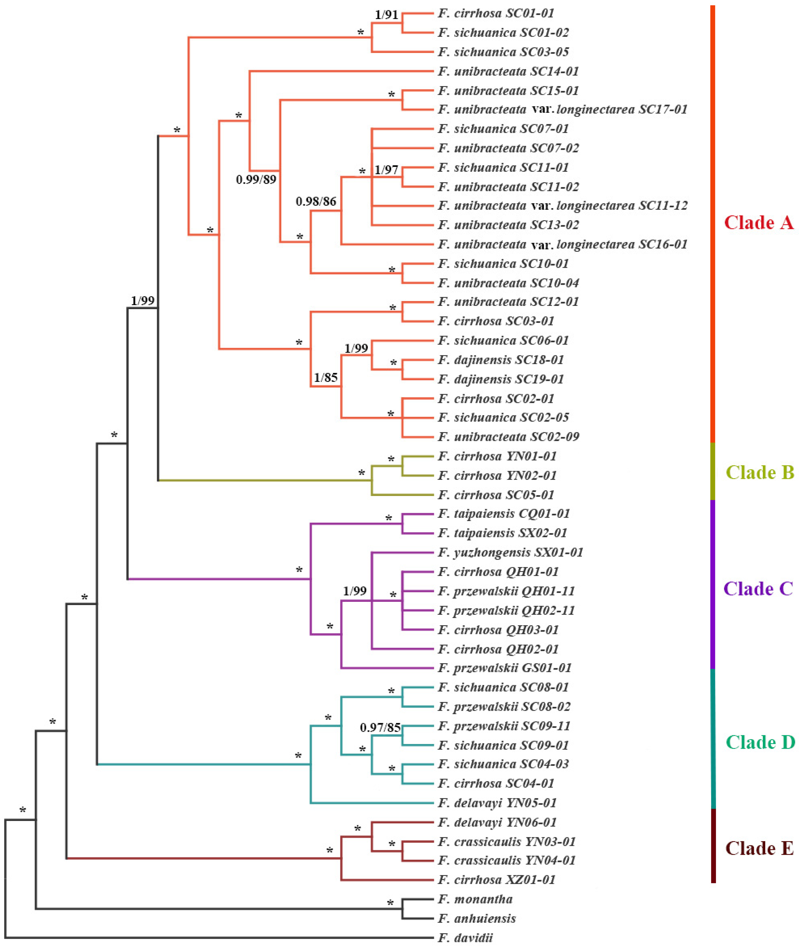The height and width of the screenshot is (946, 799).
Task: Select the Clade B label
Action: tap(760, 472)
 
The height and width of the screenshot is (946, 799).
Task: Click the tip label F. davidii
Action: tap(465, 937)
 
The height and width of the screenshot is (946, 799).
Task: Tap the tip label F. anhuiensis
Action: tap(477, 918)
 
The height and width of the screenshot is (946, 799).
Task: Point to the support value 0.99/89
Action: tap(256, 180)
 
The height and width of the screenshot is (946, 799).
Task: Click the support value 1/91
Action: tap(386, 15)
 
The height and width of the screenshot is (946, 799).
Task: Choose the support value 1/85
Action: tap(326, 377)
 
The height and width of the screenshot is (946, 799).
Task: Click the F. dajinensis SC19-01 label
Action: tap(501, 379)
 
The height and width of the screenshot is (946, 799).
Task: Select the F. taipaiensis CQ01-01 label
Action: tap(503, 514)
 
